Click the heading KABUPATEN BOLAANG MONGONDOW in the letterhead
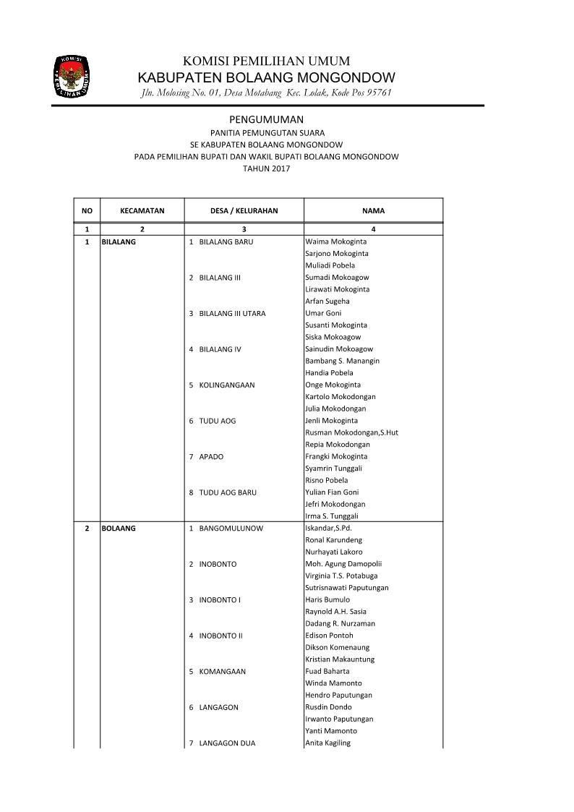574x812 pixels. pyautogui.click(x=266, y=77)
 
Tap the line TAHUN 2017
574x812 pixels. pyautogui.click(x=266, y=168)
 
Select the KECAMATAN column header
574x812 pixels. pyautogui.click(x=142, y=211)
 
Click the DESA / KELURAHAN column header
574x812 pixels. pyautogui.click(x=244, y=211)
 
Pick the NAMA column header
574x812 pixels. pyautogui.click(x=373, y=211)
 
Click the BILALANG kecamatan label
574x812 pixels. pyautogui.click(x=119, y=242)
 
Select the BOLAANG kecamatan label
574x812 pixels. pyautogui.click(x=119, y=529)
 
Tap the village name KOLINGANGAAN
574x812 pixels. pyautogui.click(x=226, y=385)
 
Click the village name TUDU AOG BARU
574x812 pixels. pyautogui.click(x=228, y=492)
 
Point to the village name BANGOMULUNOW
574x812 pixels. pyautogui.click(x=231, y=529)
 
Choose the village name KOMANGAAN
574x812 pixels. pyautogui.click(x=222, y=672)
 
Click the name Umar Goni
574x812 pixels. pyautogui.click(x=323, y=313)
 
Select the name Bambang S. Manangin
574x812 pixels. pyautogui.click(x=342, y=361)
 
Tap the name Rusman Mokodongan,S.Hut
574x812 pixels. pyautogui.click(x=351, y=432)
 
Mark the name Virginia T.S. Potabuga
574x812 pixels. pyautogui.click(x=343, y=576)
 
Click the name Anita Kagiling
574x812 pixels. pyautogui.click(x=327, y=743)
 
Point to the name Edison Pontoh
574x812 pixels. pyautogui.click(x=329, y=636)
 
